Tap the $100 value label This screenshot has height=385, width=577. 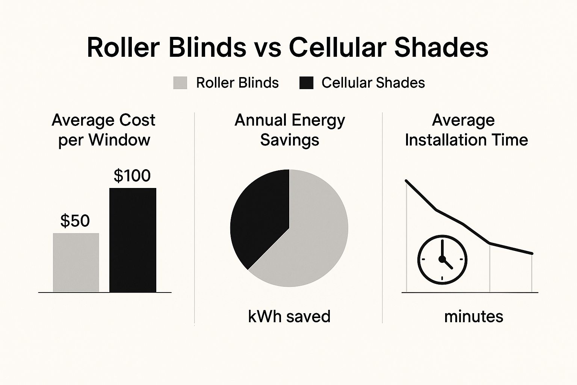click(132, 176)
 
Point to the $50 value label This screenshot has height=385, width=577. click(75, 221)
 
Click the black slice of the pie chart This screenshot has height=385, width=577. click(259, 214)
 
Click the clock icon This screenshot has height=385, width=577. click(442, 259)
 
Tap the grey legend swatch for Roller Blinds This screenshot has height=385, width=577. click(180, 83)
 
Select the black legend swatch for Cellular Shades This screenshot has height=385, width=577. click(306, 83)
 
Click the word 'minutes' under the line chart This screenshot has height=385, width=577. click(473, 317)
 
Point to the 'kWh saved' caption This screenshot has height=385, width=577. click(289, 317)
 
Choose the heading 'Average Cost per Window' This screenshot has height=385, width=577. click(104, 130)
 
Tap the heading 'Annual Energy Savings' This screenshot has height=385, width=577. click(290, 130)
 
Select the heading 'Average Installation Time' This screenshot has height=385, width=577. click(466, 130)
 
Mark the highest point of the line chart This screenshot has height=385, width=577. click(406, 181)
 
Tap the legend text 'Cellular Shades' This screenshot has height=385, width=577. click(373, 83)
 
